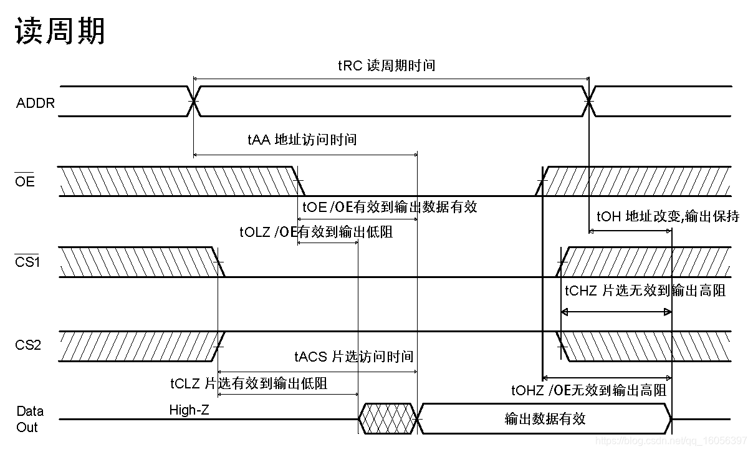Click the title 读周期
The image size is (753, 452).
pos(60,31)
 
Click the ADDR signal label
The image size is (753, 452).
pos(36,103)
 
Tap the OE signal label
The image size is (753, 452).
pos(25,182)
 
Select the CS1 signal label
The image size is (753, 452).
pos(27,262)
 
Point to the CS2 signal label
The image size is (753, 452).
pos(28,345)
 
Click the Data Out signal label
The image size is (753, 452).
pos(29,419)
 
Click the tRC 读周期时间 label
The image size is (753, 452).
pos(386,65)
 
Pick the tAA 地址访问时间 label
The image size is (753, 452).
pos(302,139)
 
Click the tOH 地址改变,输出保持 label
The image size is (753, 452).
pos(668,216)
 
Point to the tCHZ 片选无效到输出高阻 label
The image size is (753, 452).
pos(645,291)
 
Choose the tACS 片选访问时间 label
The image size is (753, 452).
pos(353,357)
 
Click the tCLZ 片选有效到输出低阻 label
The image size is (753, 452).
pos(249,383)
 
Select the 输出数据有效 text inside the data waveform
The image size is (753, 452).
pos(545,418)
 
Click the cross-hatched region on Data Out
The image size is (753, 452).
pos(386,418)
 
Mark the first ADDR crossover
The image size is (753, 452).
pos(194,101)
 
